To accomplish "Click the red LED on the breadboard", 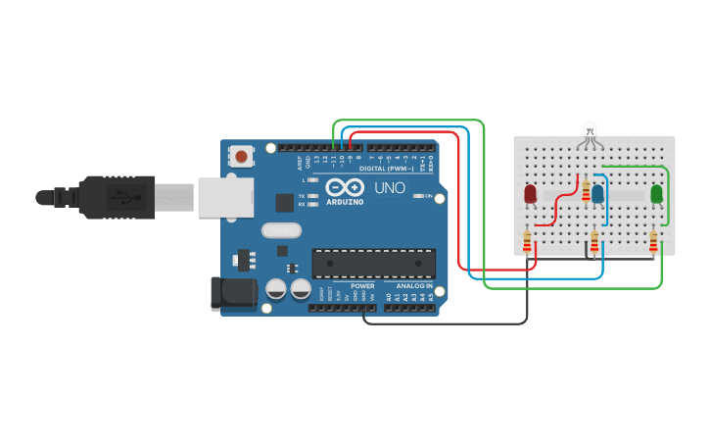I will pos(531,194).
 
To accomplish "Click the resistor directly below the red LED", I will pos(527,240).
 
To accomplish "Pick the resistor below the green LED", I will pos(653,240).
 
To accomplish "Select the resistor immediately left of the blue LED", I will pos(586,190).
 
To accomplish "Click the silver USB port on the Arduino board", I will pos(225,196).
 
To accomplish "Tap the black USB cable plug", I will pos(118,196).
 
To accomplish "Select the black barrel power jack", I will pos(233,293).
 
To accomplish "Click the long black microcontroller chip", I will pos(374,263).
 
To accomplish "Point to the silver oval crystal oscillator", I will pos(281,231).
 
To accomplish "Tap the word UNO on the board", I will pos(390,188).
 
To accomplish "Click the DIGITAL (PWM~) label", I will pos(386,168).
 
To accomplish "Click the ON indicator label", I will pos(429,196).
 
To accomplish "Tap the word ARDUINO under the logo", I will pos(345,202).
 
